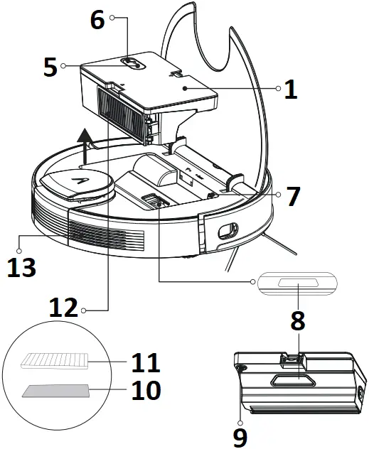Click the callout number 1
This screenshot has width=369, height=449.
[x=290, y=90]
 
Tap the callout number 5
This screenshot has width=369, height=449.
[x=50, y=67]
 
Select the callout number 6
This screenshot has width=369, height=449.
[x=97, y=19]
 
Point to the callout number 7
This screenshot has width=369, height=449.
[x=292, y=197]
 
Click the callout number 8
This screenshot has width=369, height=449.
[x=297, y=320]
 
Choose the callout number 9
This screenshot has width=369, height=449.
[x=240, y=436]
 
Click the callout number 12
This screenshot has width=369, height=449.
[x=63, y=309]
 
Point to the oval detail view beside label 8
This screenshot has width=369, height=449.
[x=296, y=284]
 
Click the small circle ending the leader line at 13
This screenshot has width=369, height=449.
[x=22, y=239]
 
